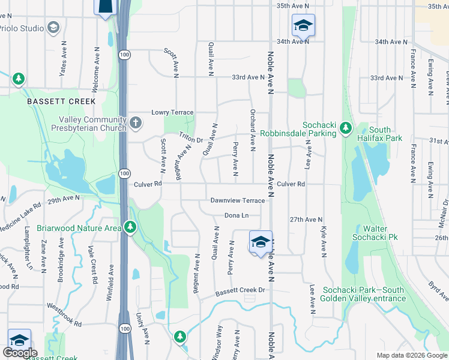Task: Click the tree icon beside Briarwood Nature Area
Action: coord(130,227)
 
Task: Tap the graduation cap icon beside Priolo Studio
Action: coord(53,28)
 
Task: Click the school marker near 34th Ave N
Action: coord(303,26)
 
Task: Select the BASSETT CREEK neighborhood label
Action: coord(54,102)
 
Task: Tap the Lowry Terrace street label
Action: coord(172,112)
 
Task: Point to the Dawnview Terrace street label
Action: coord(237,200)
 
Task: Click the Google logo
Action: coord(19,353)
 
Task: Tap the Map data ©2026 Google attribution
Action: coord(412,355)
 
